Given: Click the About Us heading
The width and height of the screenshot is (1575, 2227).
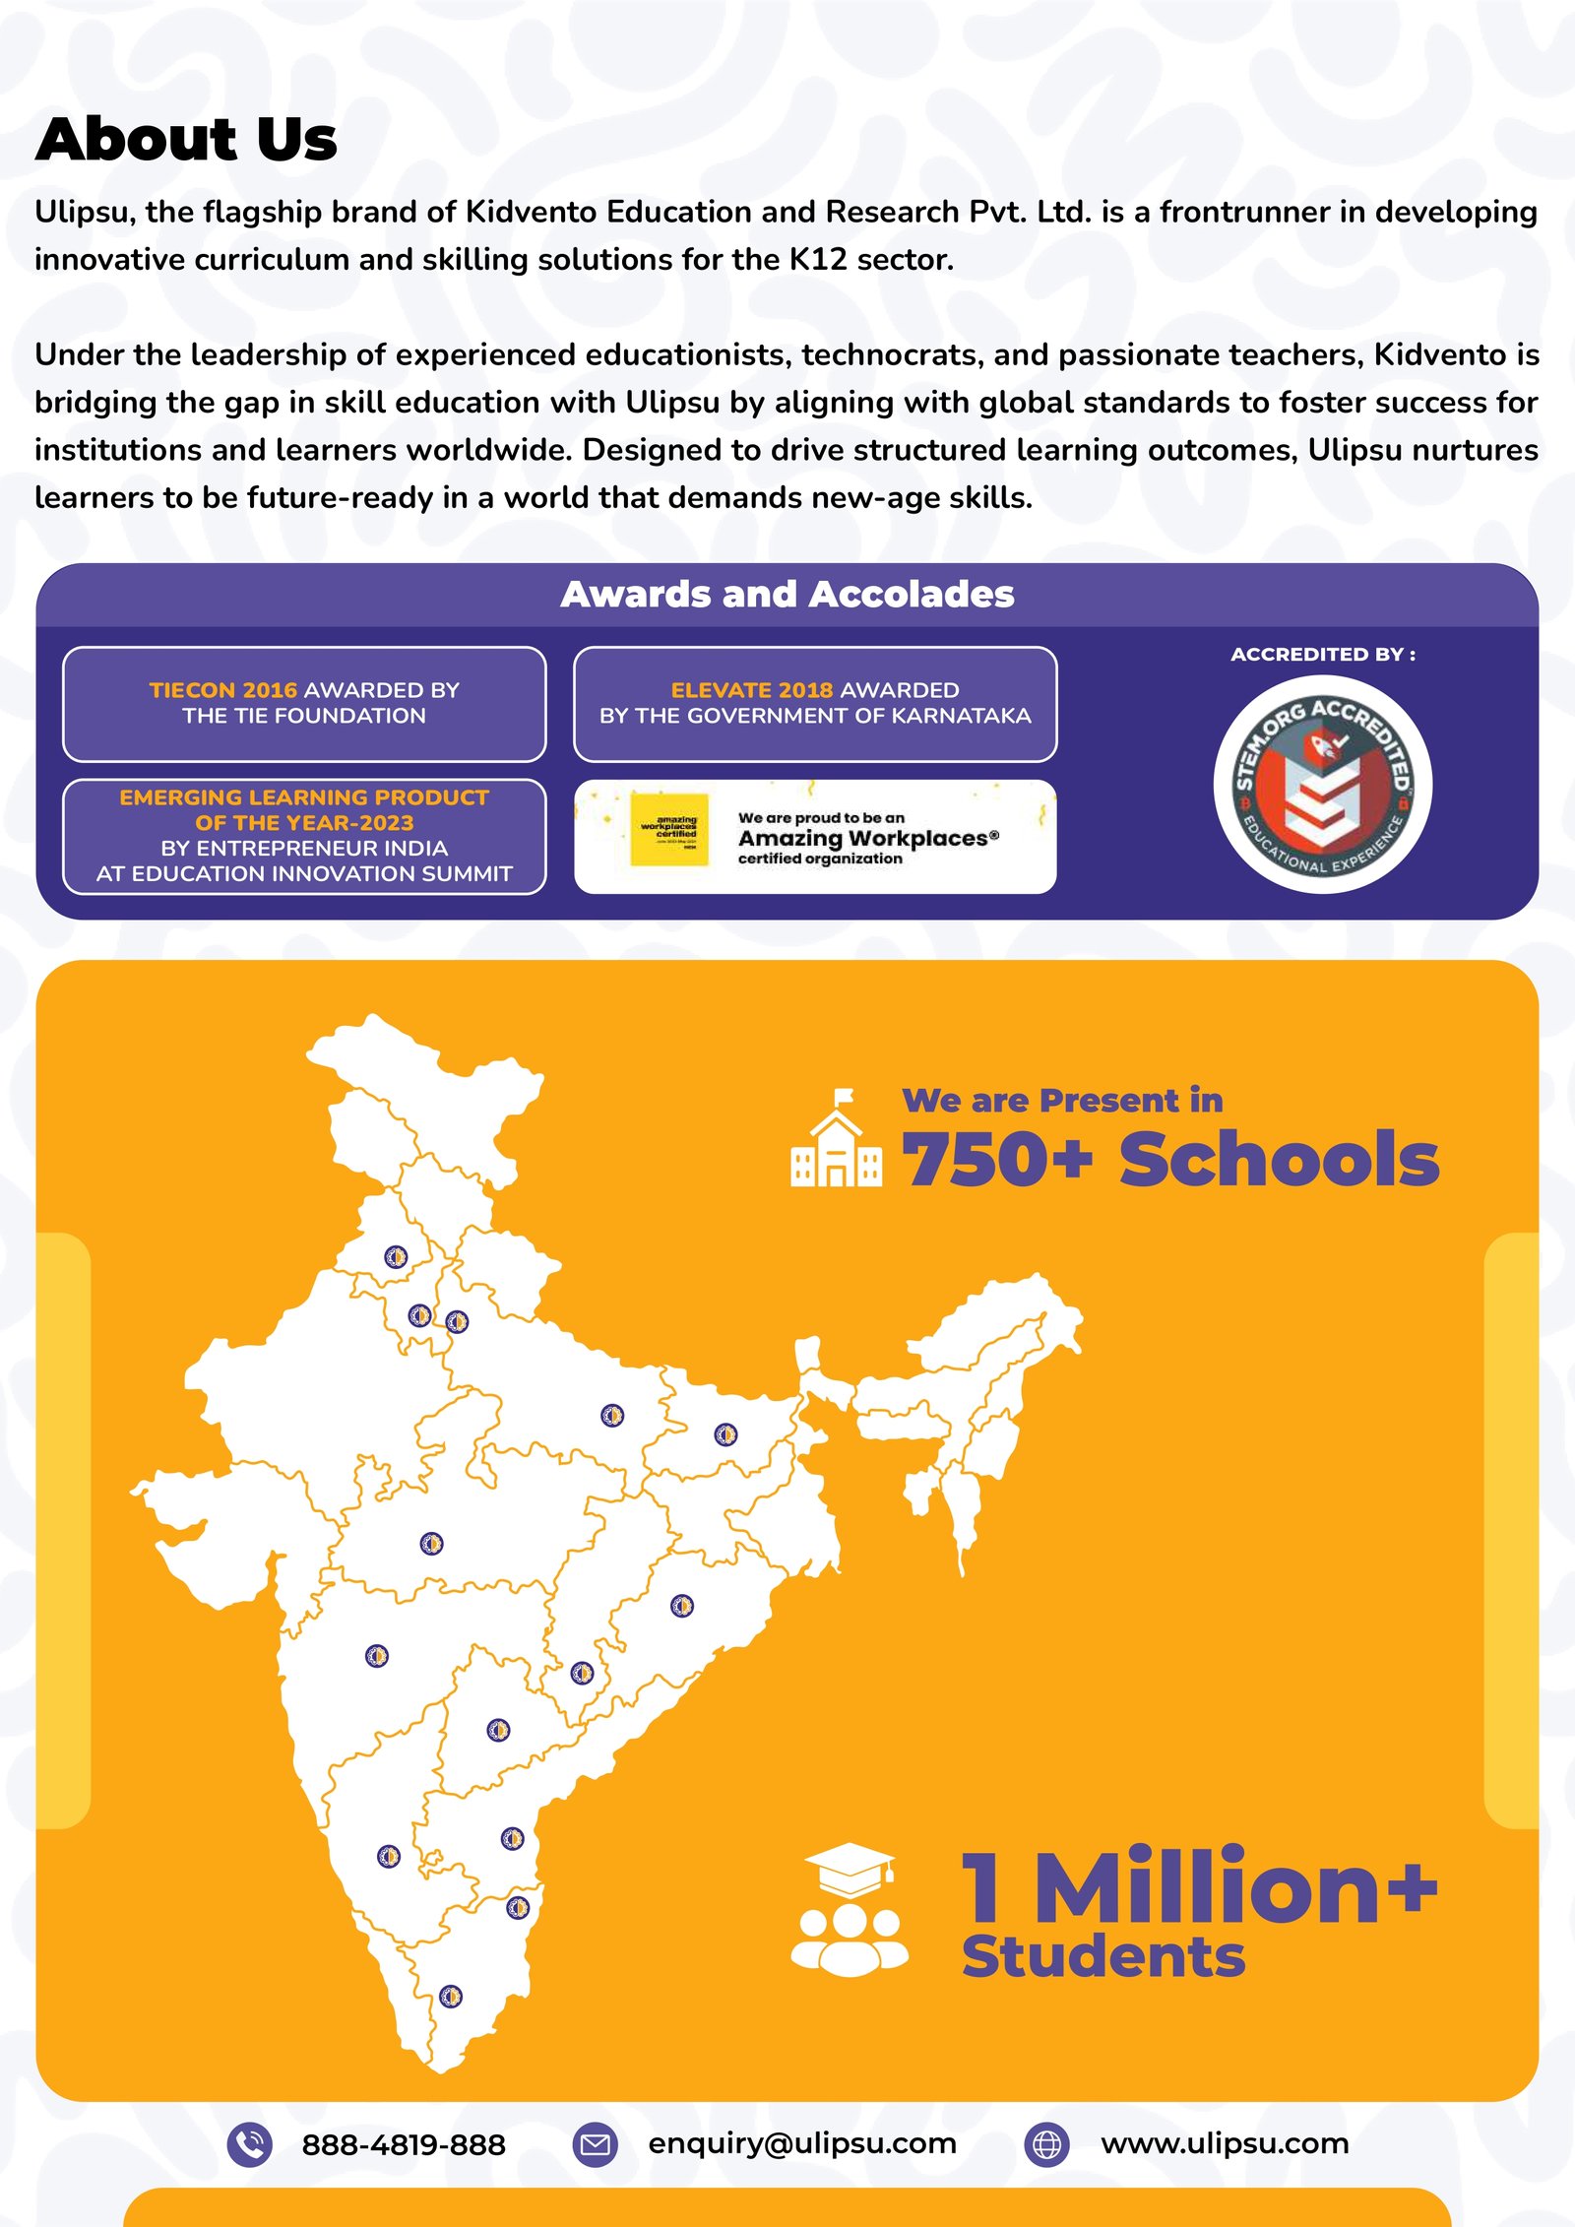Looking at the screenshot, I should (x=186, y=139).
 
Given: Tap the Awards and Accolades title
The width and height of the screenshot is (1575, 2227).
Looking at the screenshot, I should (x=787, y=595).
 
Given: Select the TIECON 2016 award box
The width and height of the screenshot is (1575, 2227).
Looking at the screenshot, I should (x=304, y=703).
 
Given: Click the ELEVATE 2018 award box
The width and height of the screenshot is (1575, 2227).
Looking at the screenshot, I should (x=815, y=703).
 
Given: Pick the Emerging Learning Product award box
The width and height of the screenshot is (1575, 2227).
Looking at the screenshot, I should (x=304, y=836).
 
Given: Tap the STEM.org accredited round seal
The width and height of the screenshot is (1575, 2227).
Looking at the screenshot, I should (x=1322, y=785).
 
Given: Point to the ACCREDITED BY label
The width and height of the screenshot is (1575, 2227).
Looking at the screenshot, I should (x=1322, y=655).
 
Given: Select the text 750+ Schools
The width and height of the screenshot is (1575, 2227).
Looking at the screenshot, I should (x=1170, y=1159).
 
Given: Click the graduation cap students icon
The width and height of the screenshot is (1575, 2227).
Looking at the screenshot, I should (x=850, y=1909).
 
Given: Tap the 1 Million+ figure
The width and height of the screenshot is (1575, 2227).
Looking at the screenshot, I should (x=1199, y=1887).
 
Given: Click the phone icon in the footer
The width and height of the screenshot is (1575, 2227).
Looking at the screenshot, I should (x=250, y=2144).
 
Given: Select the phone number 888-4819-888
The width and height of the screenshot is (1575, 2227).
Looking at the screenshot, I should (x=404, y=2144).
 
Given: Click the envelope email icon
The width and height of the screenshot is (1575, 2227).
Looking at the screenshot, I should (x=595, y=2144).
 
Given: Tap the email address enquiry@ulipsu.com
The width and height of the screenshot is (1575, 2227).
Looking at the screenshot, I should (x=802, y=2143).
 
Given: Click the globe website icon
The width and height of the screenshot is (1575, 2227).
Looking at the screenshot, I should (x=1047, y=2144).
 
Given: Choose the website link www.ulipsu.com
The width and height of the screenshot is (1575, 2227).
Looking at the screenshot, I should (x=1225, y=2143).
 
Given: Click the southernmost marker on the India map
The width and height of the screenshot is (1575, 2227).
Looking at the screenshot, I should (x=451, y=1997).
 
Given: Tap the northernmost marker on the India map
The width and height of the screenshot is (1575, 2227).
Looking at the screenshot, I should (x=396, y=1257).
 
